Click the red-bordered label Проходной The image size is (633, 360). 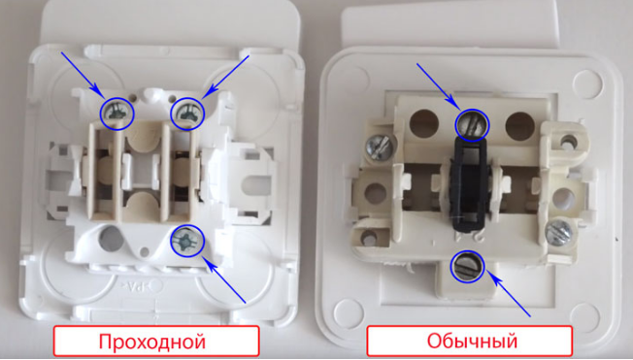coord(156,341)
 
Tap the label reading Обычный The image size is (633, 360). coord(470,341)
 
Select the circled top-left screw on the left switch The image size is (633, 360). coord(117,114)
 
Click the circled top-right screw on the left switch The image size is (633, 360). coord(187,114)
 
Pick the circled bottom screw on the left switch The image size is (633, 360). coord(187,242)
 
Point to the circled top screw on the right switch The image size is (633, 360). coord(472,125)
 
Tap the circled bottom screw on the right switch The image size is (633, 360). coord(468,266)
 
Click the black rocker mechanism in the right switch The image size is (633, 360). coord(470,184)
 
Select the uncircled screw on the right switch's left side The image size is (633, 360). coord(379,147)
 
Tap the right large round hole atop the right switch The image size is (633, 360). coord(520,125)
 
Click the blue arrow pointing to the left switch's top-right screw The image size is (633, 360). coord(225,77)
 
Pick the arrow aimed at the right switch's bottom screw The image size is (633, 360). coord(508,294)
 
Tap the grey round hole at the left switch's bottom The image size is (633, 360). coord(111,237)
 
